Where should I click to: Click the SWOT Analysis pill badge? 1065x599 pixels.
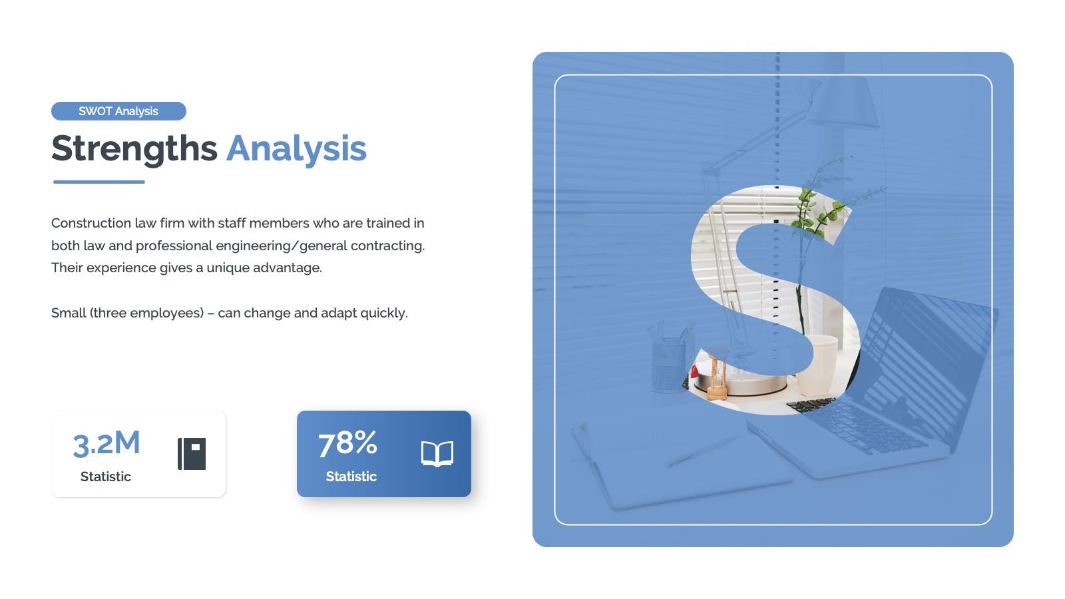[119, 111]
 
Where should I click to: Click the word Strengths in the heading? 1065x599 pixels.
[134, 149]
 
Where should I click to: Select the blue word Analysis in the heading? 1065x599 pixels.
[296, 149]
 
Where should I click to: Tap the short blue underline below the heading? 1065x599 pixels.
[99, 182]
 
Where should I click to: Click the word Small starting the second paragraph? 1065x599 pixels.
[69, 313]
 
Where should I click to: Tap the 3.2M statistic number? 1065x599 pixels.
[106, 443]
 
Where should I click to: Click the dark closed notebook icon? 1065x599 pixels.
[192, 453]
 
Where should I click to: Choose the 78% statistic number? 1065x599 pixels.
[347, 443]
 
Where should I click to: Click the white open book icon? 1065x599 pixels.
[437, 453]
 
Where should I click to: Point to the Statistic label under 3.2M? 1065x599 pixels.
[106, 477]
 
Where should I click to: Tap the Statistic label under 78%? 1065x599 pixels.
[351, 477]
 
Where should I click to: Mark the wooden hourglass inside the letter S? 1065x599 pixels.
[717, 379]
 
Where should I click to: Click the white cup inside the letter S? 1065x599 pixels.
[819, 363]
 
